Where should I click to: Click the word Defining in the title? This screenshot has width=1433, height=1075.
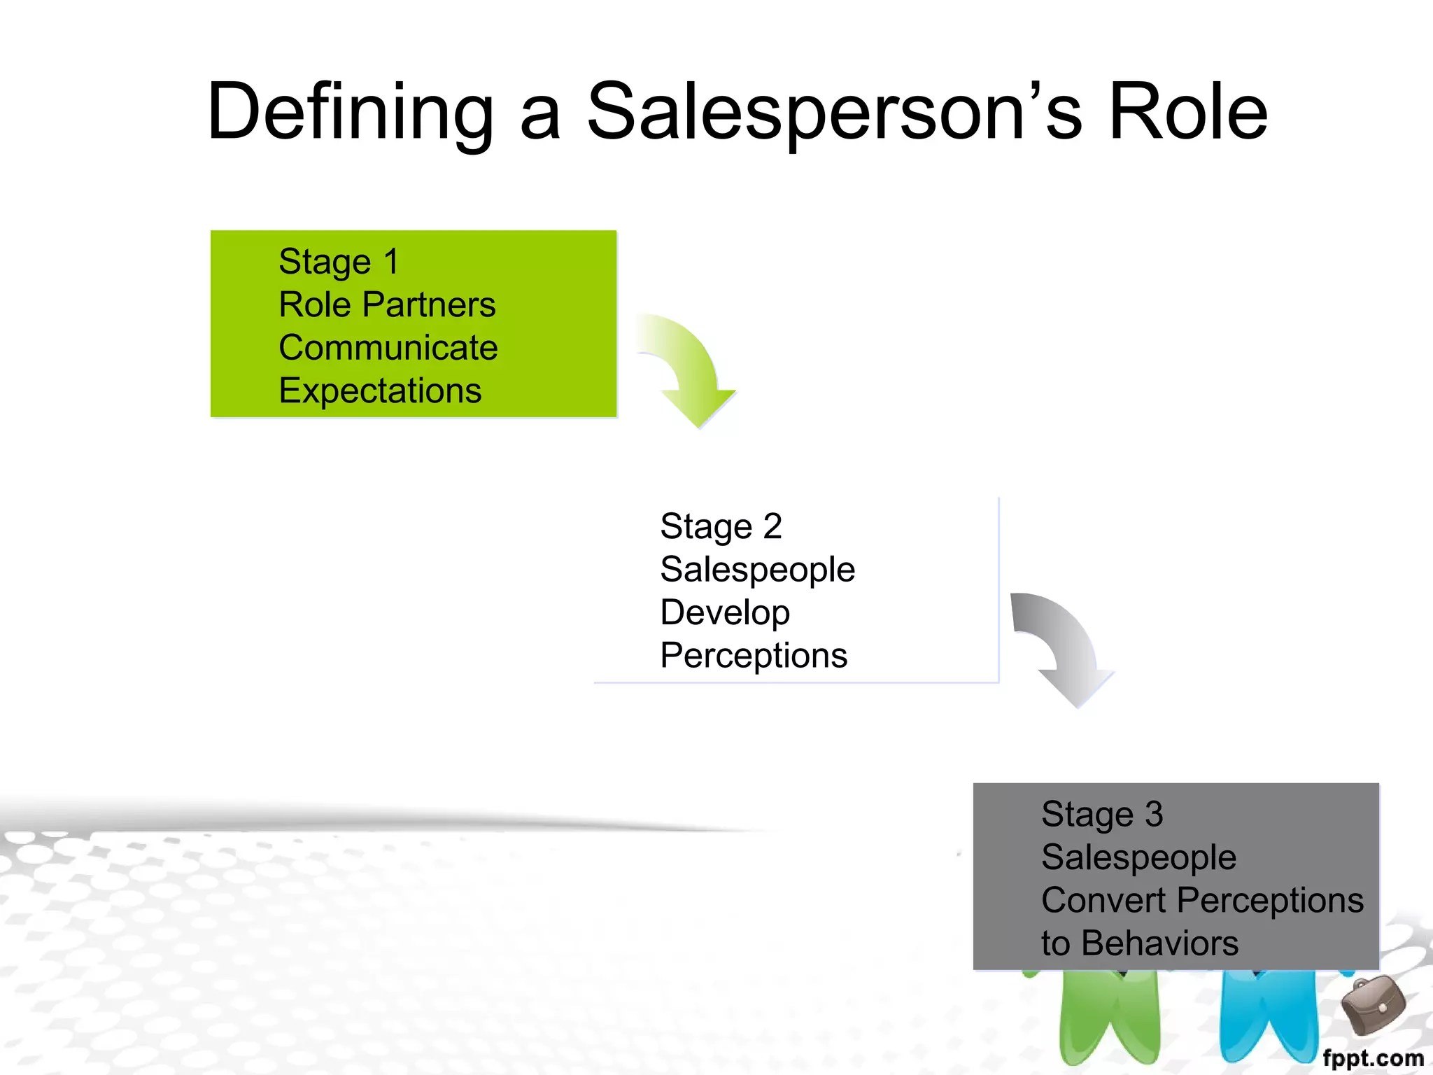(350, 112)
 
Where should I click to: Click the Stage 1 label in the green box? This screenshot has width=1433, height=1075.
(339, 262)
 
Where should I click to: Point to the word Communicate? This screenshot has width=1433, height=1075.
(388, 348)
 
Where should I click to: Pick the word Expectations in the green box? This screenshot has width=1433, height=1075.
(380, 391)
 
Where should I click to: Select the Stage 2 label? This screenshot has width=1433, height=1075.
(721, 526)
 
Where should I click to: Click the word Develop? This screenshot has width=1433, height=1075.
(725, 612)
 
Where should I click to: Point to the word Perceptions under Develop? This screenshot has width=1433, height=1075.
(754, 656)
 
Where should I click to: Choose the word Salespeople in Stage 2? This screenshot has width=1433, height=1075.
(757, 569)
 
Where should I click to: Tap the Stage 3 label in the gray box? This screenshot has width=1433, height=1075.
(1102, 814)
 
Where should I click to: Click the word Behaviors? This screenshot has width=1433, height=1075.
(1159, 943)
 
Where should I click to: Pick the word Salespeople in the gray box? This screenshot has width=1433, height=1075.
(1138, 857)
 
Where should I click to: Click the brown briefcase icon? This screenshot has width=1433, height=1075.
(1373, 1006)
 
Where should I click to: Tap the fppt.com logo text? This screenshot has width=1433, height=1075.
(1373, 1058)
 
